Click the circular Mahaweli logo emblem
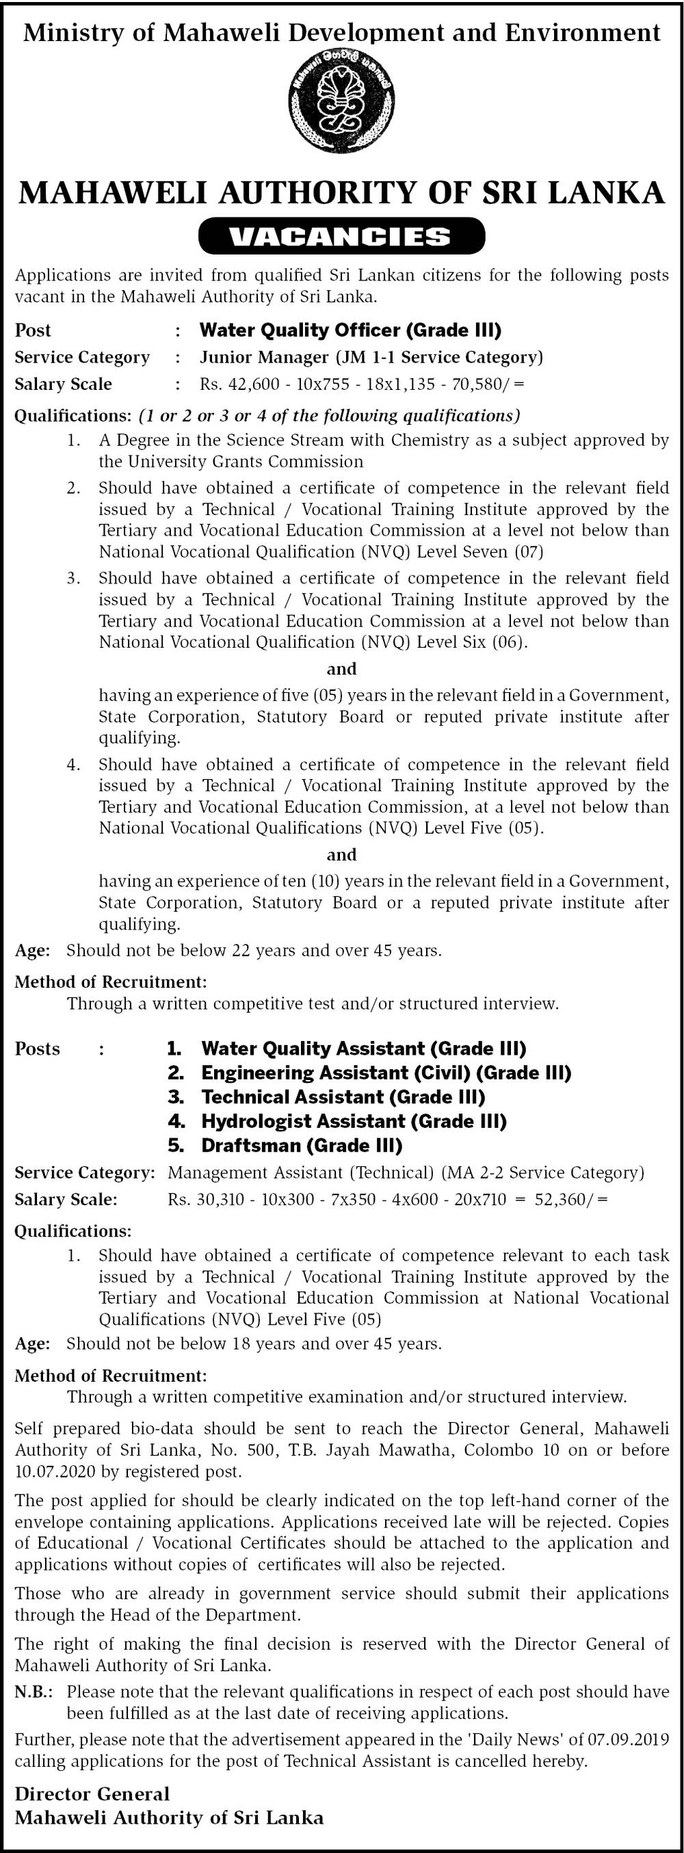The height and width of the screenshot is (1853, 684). point(341,99)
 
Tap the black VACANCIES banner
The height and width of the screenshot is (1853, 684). point(341,236)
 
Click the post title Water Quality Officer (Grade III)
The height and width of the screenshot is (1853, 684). point(350,330)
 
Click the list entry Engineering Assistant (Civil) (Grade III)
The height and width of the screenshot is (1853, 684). point(386,1073)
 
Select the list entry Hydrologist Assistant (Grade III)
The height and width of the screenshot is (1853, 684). point(354,1121)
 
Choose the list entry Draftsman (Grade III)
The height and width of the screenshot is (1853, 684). point(302,1145)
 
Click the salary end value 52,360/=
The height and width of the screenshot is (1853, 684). point(571,1199)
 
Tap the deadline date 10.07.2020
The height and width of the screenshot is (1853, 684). point(55,1472)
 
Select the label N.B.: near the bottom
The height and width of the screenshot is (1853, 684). point(34,1692)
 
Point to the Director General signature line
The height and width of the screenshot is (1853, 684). point(92,1794)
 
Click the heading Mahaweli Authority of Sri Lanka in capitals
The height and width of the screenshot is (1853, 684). point(341,193)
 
